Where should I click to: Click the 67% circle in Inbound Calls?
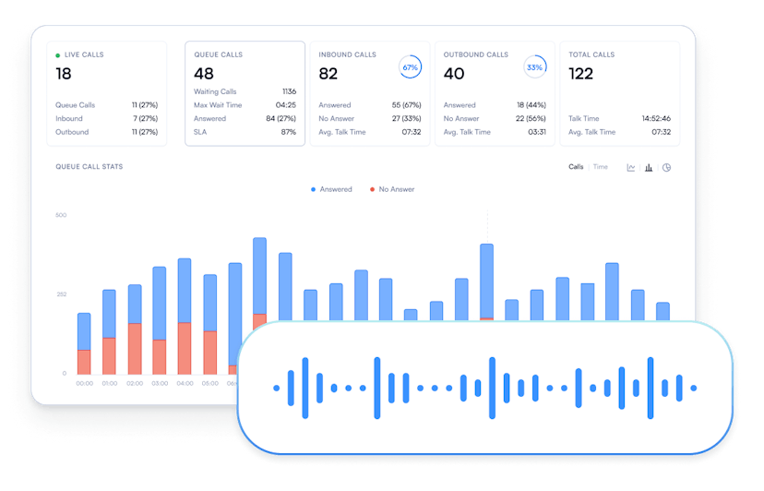(410, 67)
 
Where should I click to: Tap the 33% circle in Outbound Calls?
(534, 67)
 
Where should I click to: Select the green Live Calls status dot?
(58, 55)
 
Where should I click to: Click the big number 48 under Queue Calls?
(204, 74)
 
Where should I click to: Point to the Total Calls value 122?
(581, 74)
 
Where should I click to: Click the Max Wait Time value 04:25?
(285, 105)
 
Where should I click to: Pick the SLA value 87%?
(288, 132)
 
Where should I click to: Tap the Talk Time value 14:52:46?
(655, 118)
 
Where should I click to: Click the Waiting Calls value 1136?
(288, 92)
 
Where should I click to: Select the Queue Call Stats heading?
(90, 167)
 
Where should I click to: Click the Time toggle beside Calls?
(601, 167)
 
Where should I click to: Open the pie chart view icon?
(666, 168)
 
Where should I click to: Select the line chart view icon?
(631, 168)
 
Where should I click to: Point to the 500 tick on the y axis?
(61, 215)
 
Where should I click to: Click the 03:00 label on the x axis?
(160, 383)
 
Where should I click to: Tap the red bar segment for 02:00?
(135, 348)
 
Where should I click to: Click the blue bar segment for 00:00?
(84, 331)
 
